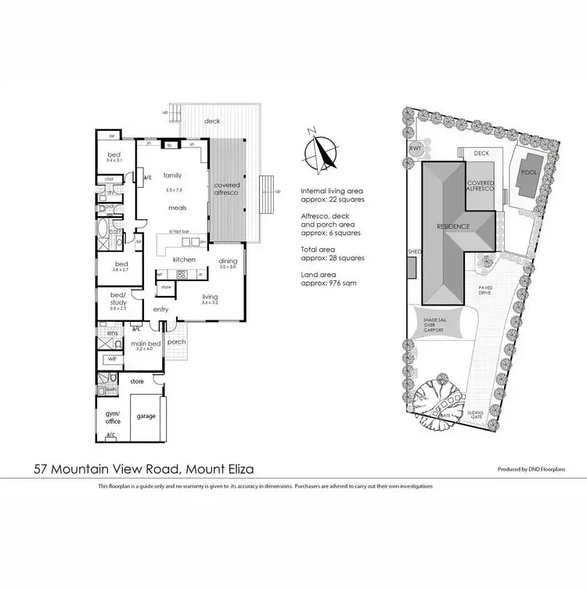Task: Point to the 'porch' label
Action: pyautogui.click(x=177, y=341)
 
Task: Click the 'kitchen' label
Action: pyautogui.click(x=184, y=259)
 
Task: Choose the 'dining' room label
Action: pyautogui.click(x=228, y=261)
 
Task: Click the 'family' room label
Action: pyautogui.click(x=172, y=175)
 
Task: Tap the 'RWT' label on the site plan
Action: pyautogui.click(x=414, y=149)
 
